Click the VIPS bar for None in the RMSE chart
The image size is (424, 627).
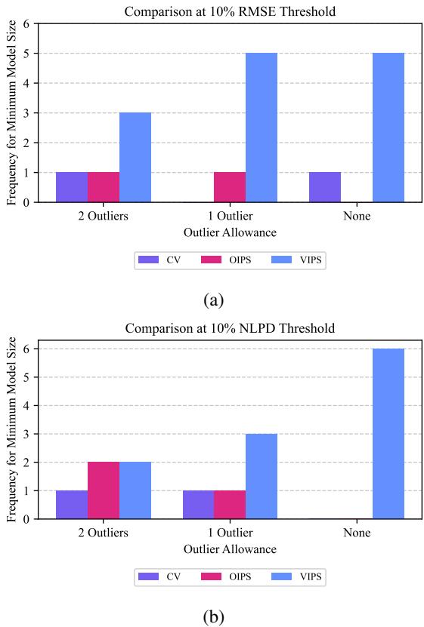[x=388, y=128]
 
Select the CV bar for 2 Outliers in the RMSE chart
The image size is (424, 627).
[x=72, y=187]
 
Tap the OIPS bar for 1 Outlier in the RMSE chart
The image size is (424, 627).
[x=230, y=187]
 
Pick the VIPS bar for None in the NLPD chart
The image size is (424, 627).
[x=388, y=434]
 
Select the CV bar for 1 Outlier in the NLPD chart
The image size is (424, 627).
[x=198, y=505]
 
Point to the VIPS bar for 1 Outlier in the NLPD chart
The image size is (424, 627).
[x=262, y=476]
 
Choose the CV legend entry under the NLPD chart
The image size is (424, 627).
[x=163, y=577]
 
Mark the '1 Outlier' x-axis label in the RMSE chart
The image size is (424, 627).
[x=230, y=217]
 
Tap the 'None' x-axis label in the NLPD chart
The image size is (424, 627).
[x=356, y=533]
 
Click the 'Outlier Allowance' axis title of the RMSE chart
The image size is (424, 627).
[x=230, y=232]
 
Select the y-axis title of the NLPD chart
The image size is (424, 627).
[x=11, y=429]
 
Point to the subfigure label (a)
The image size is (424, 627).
[x=214, y=300]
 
